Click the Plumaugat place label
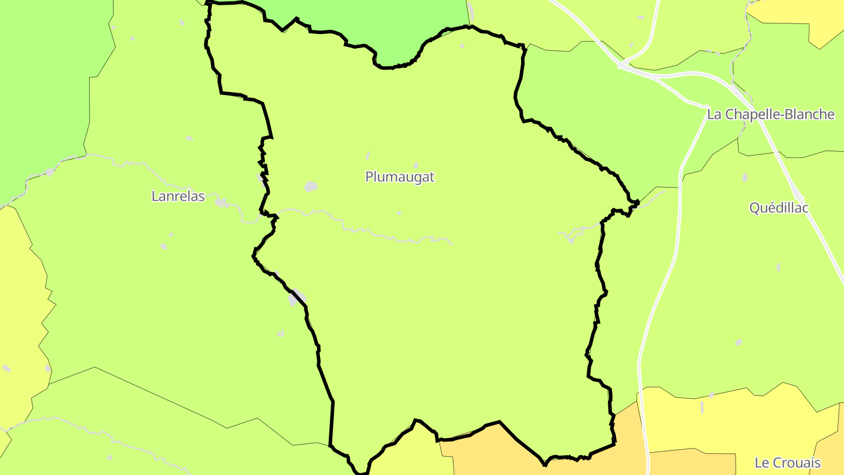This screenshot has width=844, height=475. pos(400,177)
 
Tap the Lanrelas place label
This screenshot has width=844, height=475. pos(178,196)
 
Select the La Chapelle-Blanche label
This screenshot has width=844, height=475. pos(770,114)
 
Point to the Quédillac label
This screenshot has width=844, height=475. pos(779,208)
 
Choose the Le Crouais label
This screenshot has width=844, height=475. pos(787,463)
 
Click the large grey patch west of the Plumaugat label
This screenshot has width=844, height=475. pos(311,186)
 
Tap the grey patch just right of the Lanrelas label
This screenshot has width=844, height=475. pos(222,203)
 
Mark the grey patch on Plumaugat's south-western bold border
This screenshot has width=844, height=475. pos(297,298)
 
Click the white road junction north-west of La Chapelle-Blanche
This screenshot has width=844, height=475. pos(622,65)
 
